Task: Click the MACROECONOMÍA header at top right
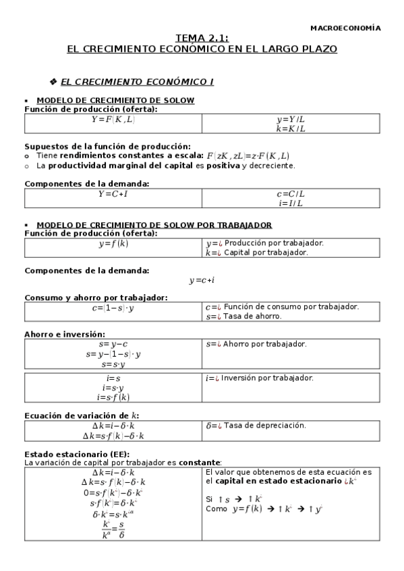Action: pos(345,28)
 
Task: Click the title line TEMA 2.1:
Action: pos(202,39)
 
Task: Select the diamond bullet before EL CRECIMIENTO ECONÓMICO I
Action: pos(54,82)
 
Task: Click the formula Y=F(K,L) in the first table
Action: pos(113,119)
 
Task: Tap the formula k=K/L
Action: pos(291,128)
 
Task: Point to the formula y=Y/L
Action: pos(291,119)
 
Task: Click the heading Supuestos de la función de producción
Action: pos(107,145)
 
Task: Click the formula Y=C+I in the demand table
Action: pos(113,193)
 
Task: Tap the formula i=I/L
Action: pos(291,203)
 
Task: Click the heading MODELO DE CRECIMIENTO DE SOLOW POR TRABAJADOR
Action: pos(154,224)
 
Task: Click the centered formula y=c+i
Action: pos(202,280)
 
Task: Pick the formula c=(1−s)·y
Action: pos(113,308)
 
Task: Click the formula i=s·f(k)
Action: pos(113,397)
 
